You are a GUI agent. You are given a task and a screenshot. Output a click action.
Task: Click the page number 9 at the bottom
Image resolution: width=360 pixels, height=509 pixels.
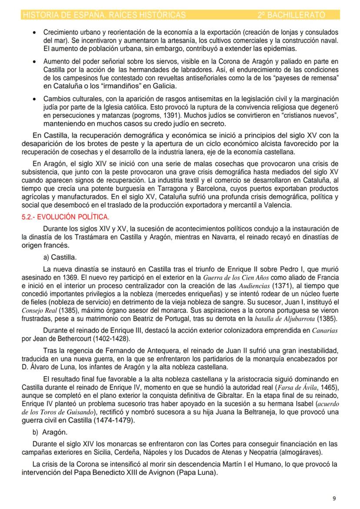(x=333, y=498)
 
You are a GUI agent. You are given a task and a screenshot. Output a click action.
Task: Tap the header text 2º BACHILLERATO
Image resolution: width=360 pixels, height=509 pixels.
(x=291, y=15)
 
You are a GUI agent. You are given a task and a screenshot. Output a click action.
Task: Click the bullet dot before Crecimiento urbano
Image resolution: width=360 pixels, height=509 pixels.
(x=34, y=33)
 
